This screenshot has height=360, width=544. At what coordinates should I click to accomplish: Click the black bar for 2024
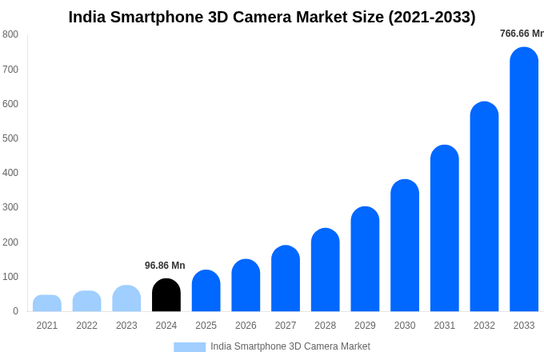tap(166, 295)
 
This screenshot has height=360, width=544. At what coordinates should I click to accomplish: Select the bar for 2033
tap(524, 180)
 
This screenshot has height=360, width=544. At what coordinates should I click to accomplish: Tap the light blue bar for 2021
tap(47, 303)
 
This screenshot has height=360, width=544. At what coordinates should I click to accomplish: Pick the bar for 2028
tap(325, 270)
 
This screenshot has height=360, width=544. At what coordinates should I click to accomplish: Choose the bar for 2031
tap(445, 229)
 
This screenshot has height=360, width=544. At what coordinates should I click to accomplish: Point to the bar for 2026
tap(246, 286)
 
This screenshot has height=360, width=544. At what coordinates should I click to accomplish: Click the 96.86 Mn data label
tap(165, 266)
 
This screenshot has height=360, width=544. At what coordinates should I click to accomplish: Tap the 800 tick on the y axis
tap(10, 34)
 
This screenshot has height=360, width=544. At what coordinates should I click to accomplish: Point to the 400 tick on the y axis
tap(10, 173)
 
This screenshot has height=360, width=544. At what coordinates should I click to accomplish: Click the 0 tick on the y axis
tap(15, 311)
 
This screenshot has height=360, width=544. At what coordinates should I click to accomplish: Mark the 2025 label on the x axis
tap(206, 326)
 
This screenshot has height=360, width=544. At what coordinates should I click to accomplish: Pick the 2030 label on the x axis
tap(405, 326)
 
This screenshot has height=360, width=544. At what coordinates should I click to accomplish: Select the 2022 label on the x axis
tap(86, 326)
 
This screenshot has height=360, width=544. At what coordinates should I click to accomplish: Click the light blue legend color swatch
tap(190, 347)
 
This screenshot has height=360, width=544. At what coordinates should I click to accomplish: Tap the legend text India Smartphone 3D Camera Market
tap(290, 346)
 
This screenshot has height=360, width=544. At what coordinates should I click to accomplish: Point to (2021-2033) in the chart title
tap(432, 17)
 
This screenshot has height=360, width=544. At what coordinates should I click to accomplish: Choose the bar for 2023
tap(126, 298)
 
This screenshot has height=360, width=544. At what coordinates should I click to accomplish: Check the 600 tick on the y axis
tap(10, 104)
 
